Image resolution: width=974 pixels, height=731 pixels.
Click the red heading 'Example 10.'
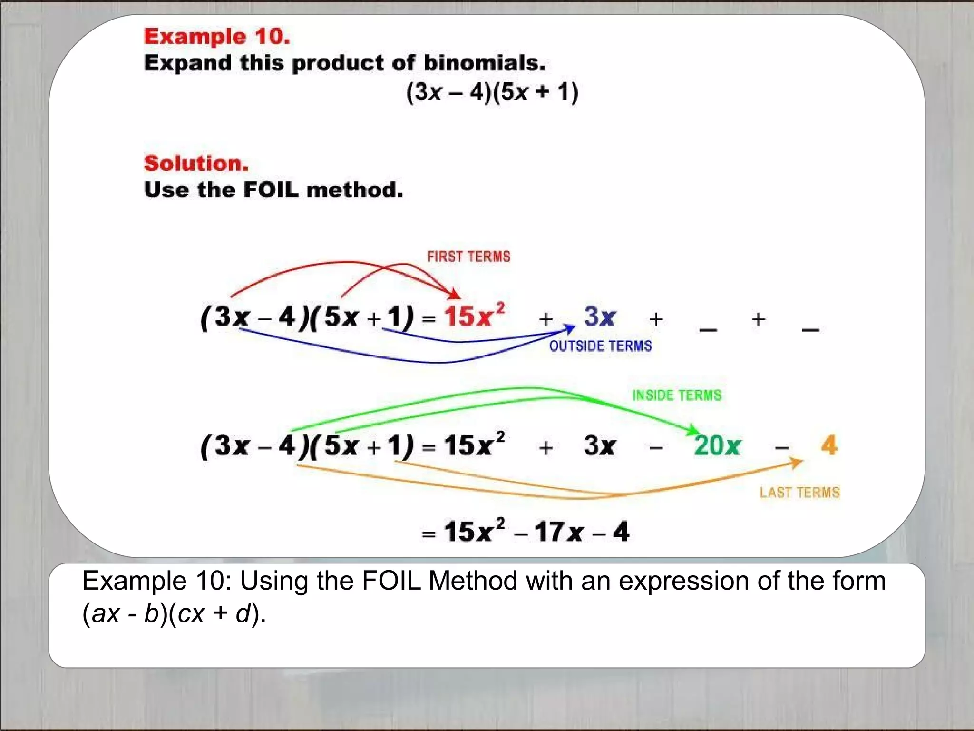click(x=217, y=37)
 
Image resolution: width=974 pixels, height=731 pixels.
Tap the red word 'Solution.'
click(x=196, y=163)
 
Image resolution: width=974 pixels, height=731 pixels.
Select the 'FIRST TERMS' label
click(x=468, y=257)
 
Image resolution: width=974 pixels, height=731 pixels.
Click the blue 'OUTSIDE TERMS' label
click(x=600, y=346)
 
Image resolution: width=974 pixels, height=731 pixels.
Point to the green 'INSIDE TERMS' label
click(x=676, y=395)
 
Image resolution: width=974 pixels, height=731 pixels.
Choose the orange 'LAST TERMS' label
click(x=799, y=493)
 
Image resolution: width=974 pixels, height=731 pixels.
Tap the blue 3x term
click(x=600, y=316)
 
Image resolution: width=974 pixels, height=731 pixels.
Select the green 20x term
click(x=717, y=446)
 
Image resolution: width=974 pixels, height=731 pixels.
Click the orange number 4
click(x=828, y=445)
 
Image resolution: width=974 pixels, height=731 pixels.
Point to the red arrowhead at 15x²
click(x=455, y=294)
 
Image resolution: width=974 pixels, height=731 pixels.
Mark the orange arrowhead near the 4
click(x=797, y=462)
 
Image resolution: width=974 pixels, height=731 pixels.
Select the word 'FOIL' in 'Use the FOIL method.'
click(x=271, y=190)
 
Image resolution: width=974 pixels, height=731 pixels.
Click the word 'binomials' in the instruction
click(x=484, y=63)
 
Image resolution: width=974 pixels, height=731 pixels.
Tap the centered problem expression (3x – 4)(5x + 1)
click(x=492, y=92)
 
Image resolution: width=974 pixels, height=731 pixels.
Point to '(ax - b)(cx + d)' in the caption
click(x=174, y=613)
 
